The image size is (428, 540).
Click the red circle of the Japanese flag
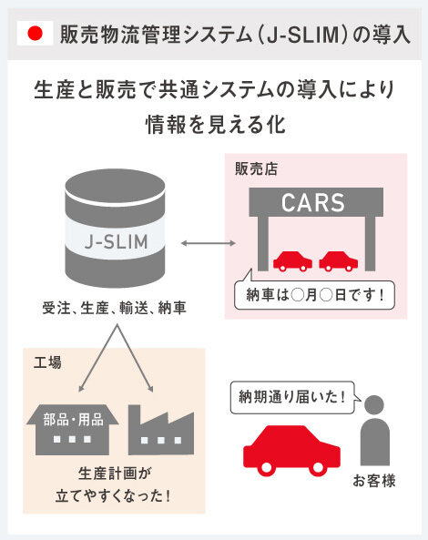coord(35,34)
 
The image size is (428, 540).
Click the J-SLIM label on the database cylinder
coord(116,241)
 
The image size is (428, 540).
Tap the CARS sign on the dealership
coord(313,202)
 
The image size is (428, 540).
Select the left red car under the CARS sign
coord(292,261)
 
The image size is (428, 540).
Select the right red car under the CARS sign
coord(339,261)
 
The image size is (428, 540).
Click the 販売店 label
coord(256,169)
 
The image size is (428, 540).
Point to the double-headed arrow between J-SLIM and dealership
coord(209,243)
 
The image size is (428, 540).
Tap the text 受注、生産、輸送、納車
coord(114,308)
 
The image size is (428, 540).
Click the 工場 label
coord(47,362)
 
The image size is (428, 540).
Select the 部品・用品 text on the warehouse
coord(74,420)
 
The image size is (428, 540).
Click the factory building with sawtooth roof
coord(161,430)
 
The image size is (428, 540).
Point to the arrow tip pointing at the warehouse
coord(80,391)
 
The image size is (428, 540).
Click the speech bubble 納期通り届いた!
coord(293,397)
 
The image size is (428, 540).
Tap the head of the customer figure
coord(374,405)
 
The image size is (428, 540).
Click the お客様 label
coord(374,481)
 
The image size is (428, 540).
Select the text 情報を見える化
coord(216,124)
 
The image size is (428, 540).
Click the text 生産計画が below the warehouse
coord(115,474)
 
